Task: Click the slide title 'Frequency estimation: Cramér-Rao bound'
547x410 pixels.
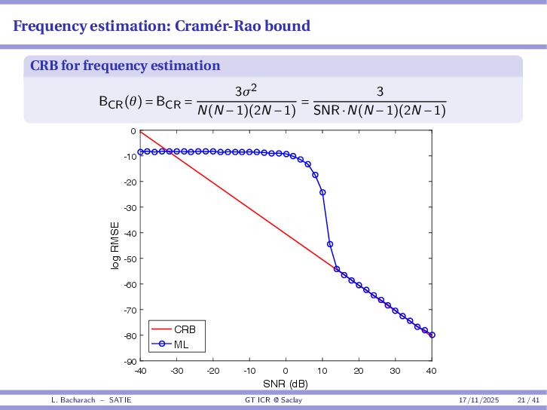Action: tap(161, 26)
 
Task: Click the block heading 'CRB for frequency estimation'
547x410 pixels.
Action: tap(125, 66)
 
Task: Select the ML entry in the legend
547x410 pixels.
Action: tap(182, 344)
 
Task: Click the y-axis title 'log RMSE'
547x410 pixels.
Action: tap(115, 246)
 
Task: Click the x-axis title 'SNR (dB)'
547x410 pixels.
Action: tap(286, 384)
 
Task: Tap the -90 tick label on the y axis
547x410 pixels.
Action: tap(132, 361)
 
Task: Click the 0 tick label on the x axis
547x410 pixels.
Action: tap(286, 371)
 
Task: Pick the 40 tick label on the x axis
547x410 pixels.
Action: tap(432, 371)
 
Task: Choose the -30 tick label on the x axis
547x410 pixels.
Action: tap(176, 371)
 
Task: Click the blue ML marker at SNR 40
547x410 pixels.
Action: tap(432, 335)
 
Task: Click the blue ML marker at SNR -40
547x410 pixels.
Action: tap(140, 152)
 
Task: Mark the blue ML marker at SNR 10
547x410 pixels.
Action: tap(322, 192)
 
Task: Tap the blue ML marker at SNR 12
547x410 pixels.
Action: tap(330, 244)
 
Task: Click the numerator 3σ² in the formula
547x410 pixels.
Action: tap(246, 91)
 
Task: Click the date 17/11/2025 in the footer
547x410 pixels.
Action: tap(479, 399)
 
